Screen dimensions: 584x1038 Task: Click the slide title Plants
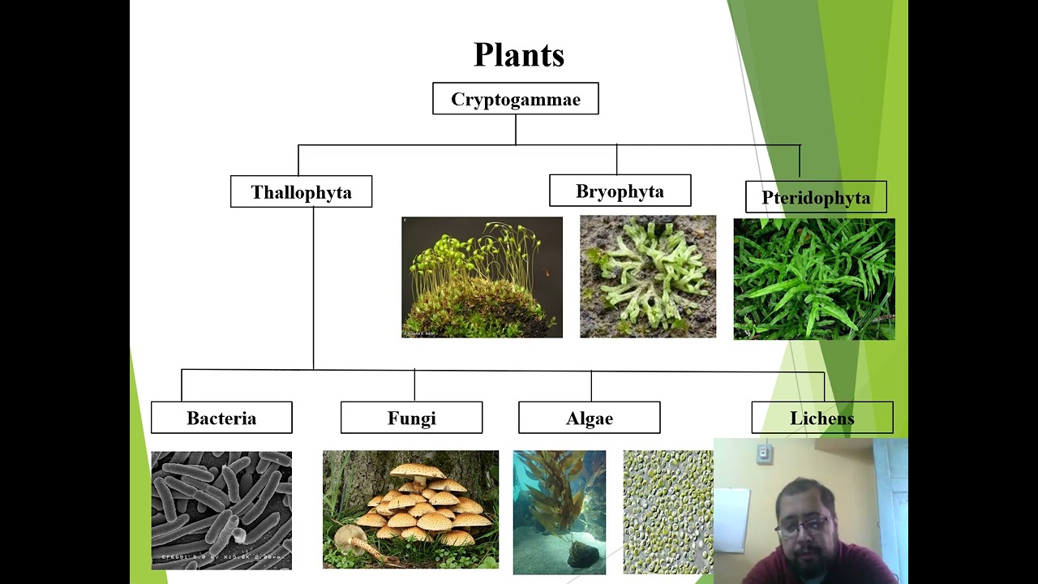518,55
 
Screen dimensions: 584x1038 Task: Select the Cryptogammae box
516,99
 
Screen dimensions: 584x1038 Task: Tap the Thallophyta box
301,192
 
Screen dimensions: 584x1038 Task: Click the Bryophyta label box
620,191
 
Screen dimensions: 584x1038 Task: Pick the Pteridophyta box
815,198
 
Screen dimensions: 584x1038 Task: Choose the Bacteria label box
221,419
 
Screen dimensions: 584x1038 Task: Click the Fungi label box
411,419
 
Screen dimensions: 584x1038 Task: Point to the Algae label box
589,419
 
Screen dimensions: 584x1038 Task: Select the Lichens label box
821,419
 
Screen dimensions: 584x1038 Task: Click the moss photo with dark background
482,277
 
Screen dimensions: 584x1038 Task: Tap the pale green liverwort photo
648,277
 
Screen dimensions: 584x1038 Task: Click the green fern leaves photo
814,279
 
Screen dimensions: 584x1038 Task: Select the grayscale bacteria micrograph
221,510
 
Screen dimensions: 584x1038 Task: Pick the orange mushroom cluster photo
410,509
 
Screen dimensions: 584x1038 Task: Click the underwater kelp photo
559,512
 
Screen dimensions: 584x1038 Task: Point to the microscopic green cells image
668,512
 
